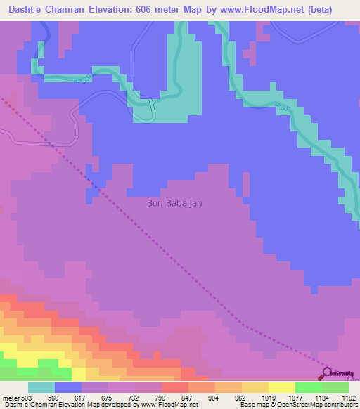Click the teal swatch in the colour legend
[x=41, y=387]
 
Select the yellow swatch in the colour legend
[x=281, y=387]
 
